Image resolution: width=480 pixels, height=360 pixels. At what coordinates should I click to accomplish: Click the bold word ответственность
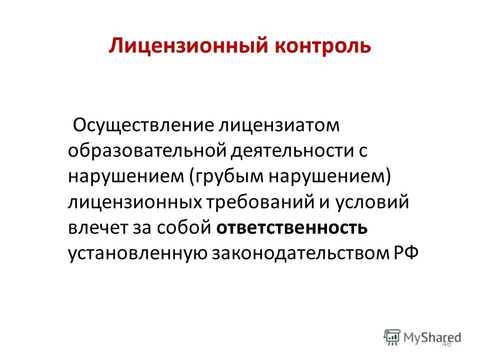tap(292, 228)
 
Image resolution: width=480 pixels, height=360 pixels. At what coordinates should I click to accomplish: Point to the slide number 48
tap(446, 344)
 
